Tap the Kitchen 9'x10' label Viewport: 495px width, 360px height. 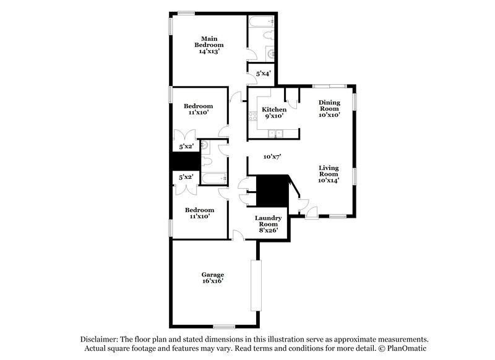tap(274, 112)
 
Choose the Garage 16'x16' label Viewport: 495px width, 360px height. tap(212, 277)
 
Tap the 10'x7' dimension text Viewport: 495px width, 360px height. tap(272, 157)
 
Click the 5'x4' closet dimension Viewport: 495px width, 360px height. tap(262, 74)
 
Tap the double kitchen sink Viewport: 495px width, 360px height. tap(274, 133)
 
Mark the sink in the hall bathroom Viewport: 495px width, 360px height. tap(208, 147)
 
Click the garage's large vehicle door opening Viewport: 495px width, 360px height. tap(255, 285)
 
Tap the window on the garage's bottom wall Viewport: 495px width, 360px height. tap(223, 326)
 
